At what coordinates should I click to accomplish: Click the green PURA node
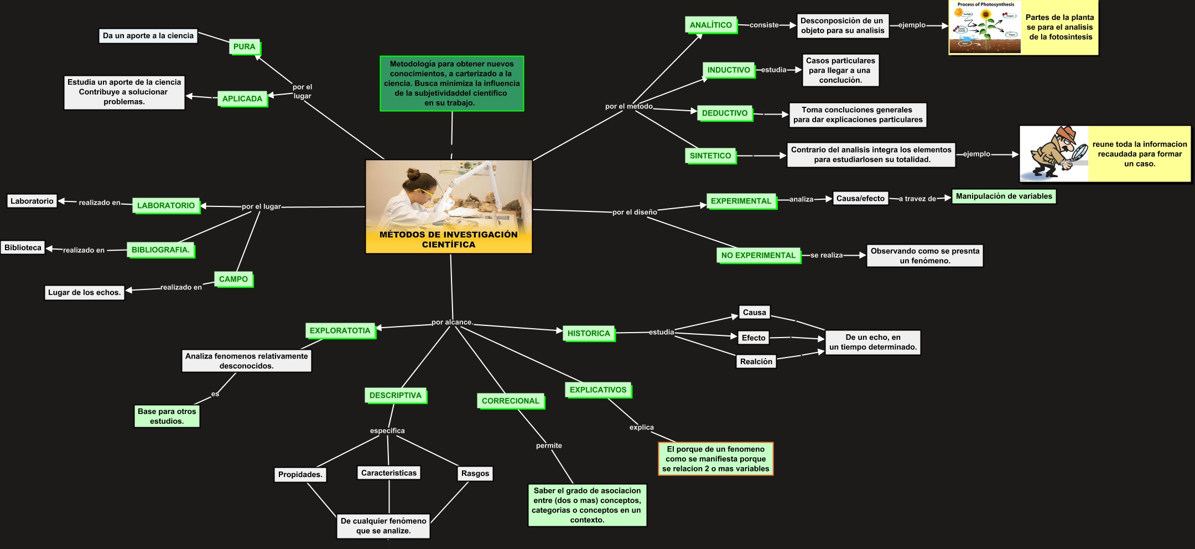pyautogui.click(x=244, y=47)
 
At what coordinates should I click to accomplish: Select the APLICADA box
pyautogui.click(x=242, y=99)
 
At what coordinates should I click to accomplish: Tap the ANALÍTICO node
pyautogui.click(x=711, y=25)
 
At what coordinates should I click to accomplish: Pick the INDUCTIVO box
pyautogui.click(x=729, y=70)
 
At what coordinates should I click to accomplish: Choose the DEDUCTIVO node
pyautogui.click(x=725, y=113)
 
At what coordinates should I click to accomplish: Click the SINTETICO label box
pyautogui.click(x=710, y=156)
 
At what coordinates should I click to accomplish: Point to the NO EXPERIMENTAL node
pyautogui.click(x=758, y=255)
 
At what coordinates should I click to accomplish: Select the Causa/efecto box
pyautogui.click(x=860, y=198)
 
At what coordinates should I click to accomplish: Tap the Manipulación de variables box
pyautogui.click(x=1004, y=196)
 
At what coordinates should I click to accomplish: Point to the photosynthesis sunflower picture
pyautogui.click(x=985, y=28)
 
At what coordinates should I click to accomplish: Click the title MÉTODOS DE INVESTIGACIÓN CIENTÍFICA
pyautogui.click(x=448, y=240)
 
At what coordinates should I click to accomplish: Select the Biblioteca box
pyautogui.click(x=23, y=248)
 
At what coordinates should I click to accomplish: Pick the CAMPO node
pyautogui.click(x=233, y=279)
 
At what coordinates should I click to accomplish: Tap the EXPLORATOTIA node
pyautogui.click(x=340, y=331)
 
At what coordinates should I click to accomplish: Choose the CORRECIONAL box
pyautogui.click(x=510, y=401)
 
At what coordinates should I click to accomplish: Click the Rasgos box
pyautogui.click(x=475, y=474)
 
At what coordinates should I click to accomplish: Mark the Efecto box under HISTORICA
pyautogui.click(x=754, y=338)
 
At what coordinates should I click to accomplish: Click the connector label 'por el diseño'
pyautogui.click(x=635, y=212)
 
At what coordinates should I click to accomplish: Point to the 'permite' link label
pyautogui.click(x=549, y=446)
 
